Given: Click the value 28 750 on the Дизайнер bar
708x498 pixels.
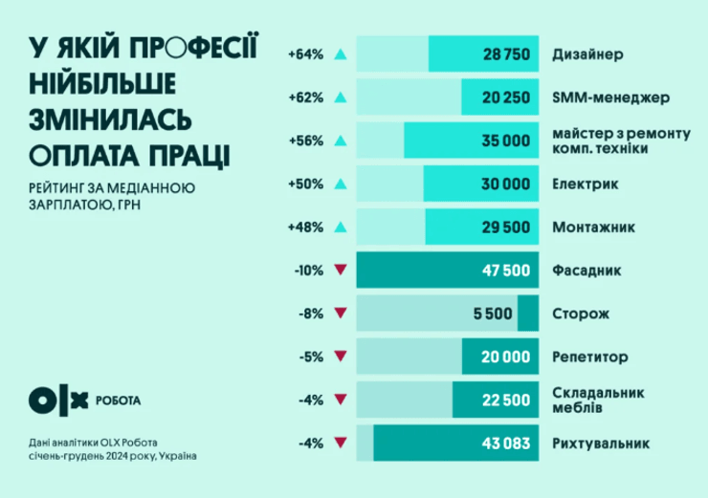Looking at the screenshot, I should (x=504, y=54).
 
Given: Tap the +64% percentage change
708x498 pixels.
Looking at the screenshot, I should (x=305, y=54).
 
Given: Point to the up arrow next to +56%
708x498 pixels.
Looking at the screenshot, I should (x=340, y=141).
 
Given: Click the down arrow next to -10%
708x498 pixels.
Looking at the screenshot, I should (x=340, y=271).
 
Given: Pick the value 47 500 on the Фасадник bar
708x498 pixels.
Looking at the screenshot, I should (x=504, y=271).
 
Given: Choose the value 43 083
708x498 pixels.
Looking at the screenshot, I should (x=504, y=444).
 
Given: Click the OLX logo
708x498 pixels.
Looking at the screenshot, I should (x=59, y=400).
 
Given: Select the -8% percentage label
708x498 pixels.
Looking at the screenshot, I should (x=307, y=314).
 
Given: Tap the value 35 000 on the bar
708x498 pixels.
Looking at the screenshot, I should (x=504, y=141).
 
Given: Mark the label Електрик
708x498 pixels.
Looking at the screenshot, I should (x=585, y=184).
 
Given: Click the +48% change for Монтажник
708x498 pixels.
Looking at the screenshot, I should (x=305, y=227).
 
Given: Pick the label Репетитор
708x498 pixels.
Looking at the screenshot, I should (x=590, y=357).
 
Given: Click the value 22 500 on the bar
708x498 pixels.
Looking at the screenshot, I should (x=504, y=400).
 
